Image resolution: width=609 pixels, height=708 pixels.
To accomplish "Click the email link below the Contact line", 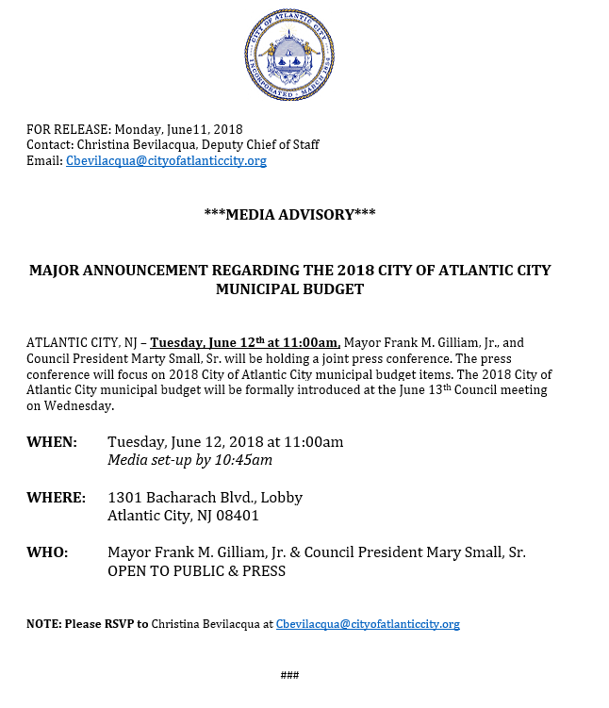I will (x=166, y=161).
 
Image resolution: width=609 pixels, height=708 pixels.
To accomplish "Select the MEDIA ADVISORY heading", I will (x=289, y=215).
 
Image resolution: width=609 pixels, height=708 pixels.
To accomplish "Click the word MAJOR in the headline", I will (x=53, y=271).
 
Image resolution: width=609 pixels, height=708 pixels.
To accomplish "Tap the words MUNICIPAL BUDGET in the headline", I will (x=289, y=289).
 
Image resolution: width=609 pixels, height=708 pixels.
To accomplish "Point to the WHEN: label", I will (x=51, y=441).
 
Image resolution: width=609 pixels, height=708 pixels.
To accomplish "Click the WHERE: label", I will (x=56, y=497).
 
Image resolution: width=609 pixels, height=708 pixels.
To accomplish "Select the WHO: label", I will (x=47, y=552).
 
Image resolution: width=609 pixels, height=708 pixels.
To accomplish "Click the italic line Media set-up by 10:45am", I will (x=189, y=460).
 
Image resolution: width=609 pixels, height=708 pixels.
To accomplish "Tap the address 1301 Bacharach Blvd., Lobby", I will (x=205, y=497).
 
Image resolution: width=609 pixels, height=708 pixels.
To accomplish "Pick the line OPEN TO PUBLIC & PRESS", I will (x=196, y=571).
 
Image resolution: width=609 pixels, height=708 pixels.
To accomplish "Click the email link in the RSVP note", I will (x=367, y=624).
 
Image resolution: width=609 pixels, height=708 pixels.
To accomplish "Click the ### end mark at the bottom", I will (x=289, y=675).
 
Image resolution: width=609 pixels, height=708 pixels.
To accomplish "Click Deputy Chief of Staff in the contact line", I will (x=265, y=145).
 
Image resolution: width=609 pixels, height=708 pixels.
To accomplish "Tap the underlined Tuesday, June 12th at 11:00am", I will (x=245, y=343).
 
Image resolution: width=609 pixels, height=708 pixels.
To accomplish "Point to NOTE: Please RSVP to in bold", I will (x=87, y=624).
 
